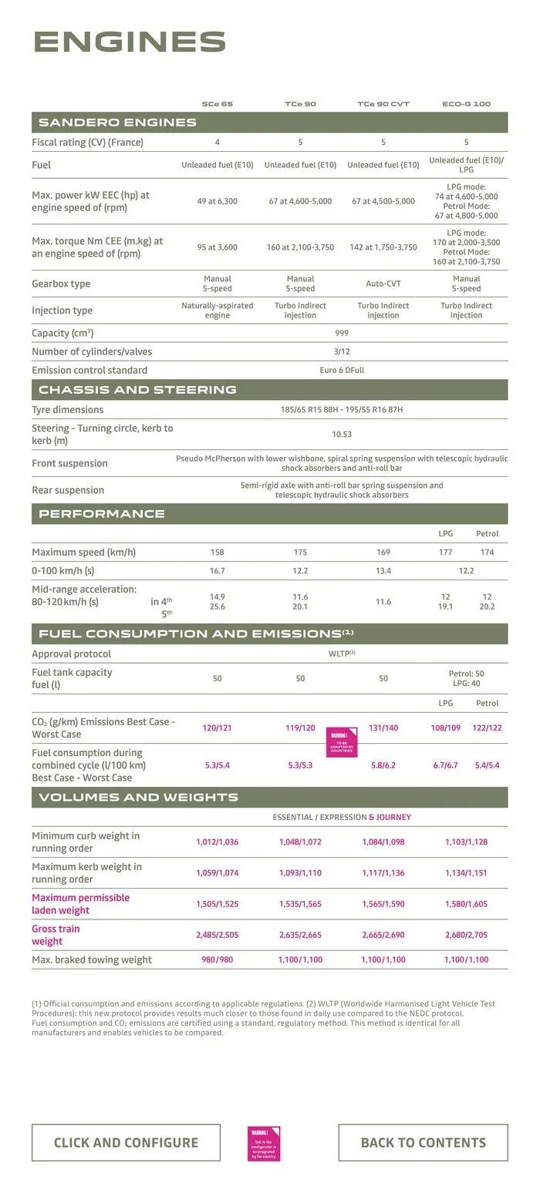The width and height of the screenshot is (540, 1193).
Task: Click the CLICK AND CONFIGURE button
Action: tap(126, 1142)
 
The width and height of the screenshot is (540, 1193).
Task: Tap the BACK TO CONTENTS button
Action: tap(423, 1142)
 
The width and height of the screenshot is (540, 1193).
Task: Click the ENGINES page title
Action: tap(130, 42)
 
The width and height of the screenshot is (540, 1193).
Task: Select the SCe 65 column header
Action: tap(217, 103)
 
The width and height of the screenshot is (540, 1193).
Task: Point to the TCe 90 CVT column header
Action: tap(383, 103)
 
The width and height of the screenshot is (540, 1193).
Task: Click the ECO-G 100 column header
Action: tap(466, 103)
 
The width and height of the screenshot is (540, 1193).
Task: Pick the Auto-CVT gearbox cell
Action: tap(383, 284)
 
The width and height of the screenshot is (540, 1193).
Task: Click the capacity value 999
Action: tap(342, 333)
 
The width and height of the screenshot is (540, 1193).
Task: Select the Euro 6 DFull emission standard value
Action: tap(342, 370)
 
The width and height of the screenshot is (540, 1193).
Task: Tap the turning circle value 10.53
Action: tap(342, 434)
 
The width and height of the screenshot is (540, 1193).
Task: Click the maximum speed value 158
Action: tap(218, 552)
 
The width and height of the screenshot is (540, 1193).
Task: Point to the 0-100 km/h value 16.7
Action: tap(218, 570)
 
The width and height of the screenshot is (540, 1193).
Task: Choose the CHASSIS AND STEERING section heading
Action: tap(137, 389)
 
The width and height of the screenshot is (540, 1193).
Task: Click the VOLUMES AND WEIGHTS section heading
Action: tap(138, 797)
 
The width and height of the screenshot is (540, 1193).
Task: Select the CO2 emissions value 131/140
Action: tap(383, 728)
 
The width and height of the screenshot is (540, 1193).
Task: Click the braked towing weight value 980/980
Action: tap(218, 959)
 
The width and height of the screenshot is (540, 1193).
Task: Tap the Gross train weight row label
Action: tap(56, 935)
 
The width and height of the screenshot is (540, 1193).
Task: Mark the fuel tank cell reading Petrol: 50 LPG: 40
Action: tap(466, 678)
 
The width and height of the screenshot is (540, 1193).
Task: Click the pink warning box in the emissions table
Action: tap(341, 742)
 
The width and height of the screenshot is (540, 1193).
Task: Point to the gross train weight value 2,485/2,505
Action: tap(218, 935)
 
